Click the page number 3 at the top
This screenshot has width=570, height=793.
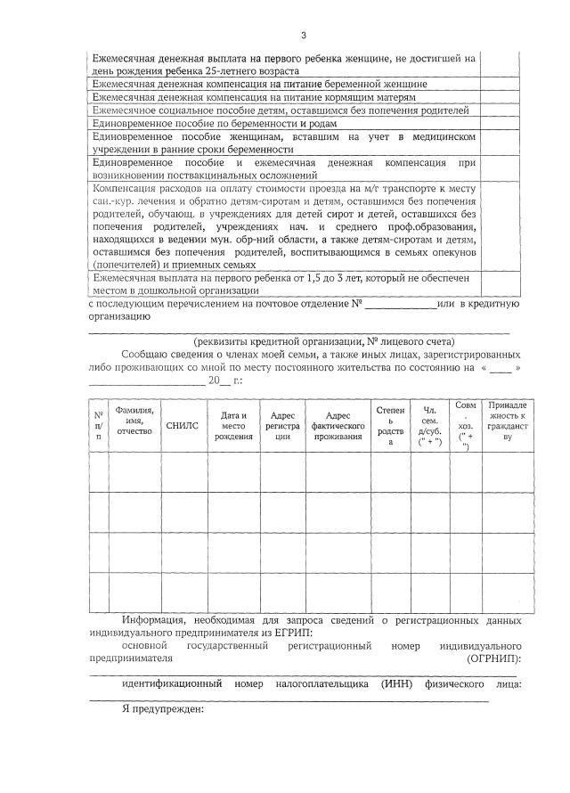303,35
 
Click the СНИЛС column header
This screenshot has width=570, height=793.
182,426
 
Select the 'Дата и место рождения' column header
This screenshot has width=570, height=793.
233,425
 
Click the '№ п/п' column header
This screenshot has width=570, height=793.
99,425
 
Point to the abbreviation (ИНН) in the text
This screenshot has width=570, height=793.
395,683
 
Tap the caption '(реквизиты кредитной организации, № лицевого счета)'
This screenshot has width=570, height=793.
324,341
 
